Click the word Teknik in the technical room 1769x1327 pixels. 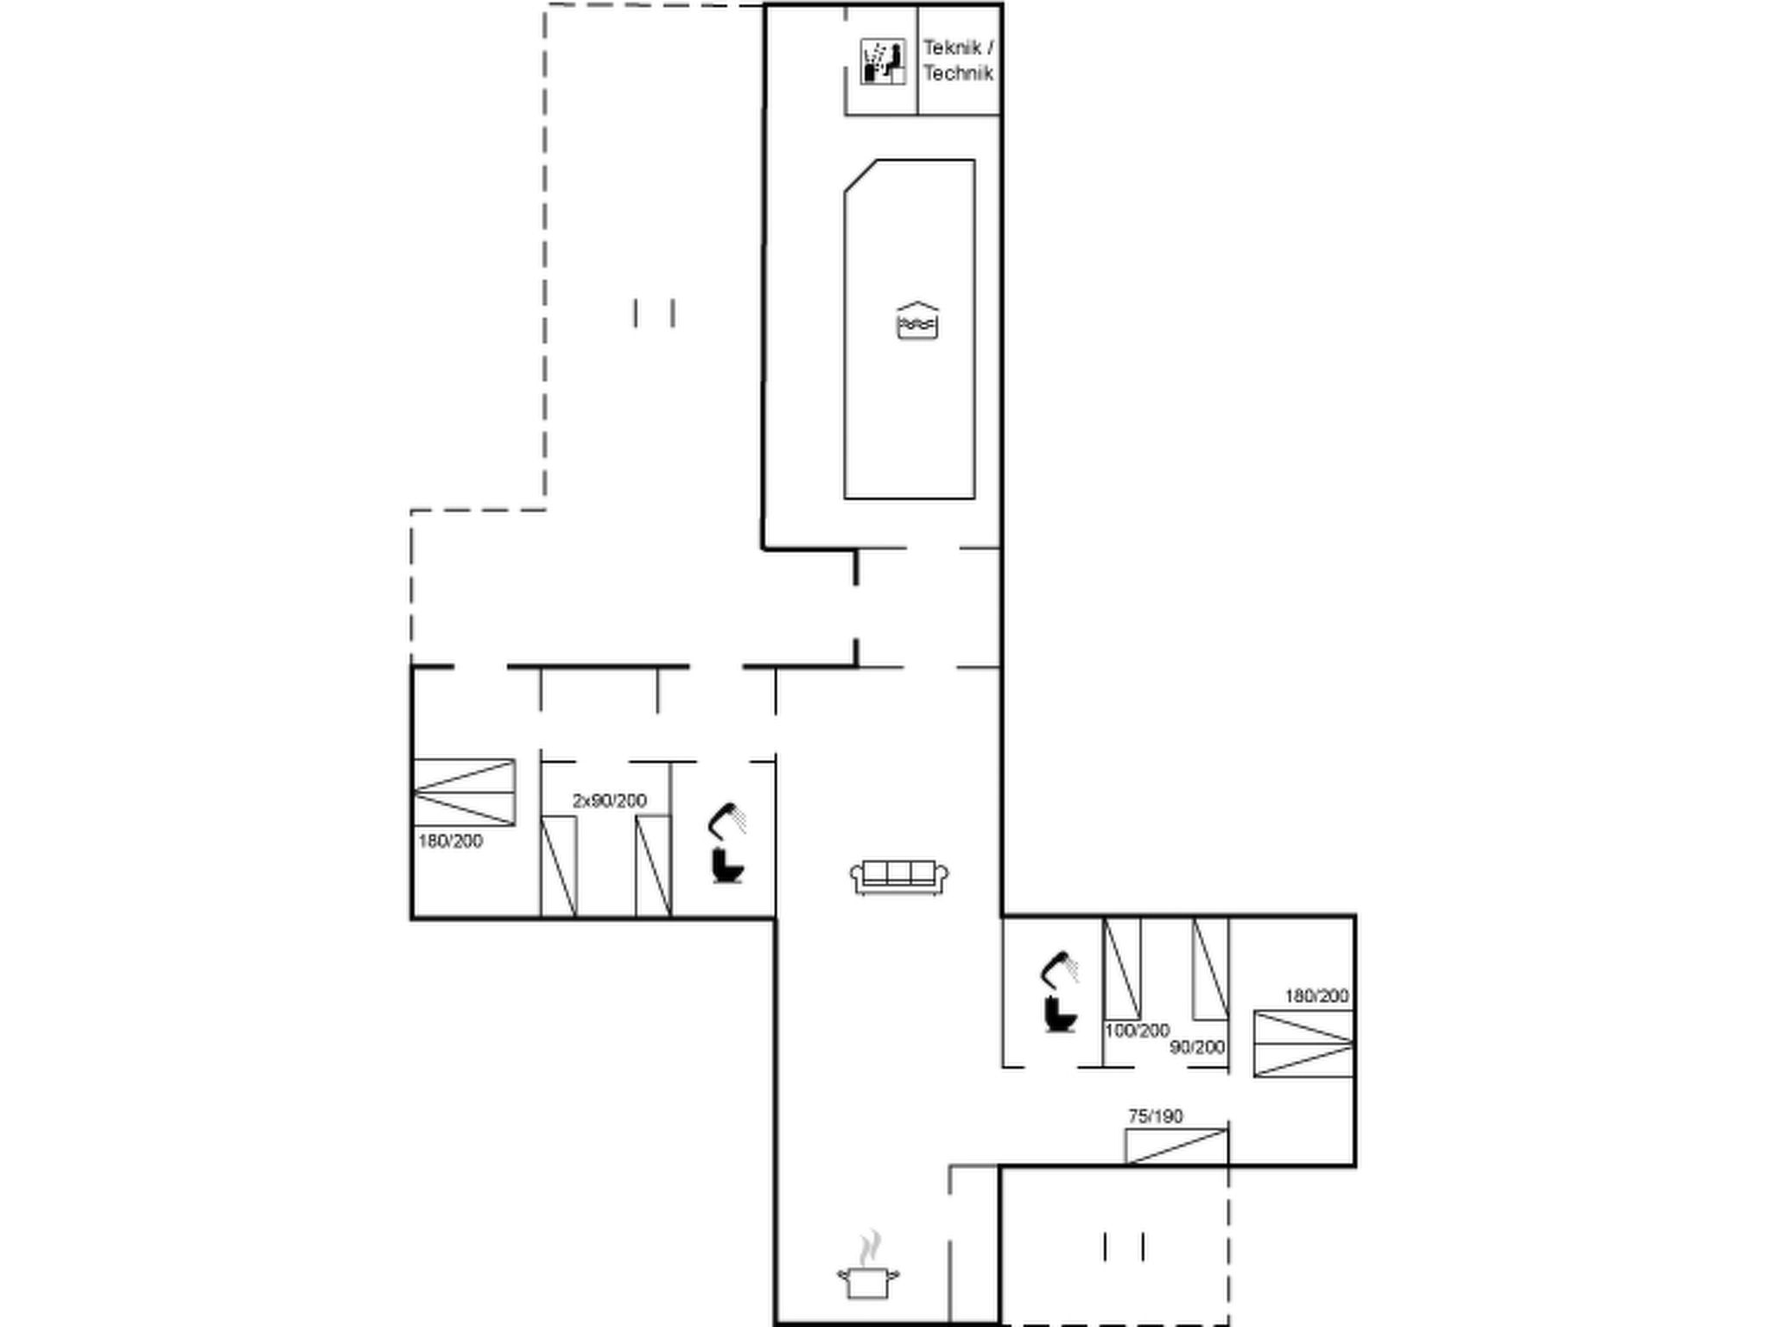click(951, 48)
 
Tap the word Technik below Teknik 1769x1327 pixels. click(958, 73)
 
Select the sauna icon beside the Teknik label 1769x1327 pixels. click(883, 62)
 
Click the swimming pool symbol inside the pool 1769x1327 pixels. click(917, 321)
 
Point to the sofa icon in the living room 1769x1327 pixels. click(899, 878)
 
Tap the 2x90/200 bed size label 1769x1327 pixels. click(609, 801)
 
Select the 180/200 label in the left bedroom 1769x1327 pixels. click(450, 841)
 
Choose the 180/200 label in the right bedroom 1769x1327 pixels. click(1316, 996)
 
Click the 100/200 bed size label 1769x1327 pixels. click(1137, 1030)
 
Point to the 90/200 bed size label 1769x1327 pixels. click(1197, 1047)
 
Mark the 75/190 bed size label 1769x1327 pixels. click(1156, 1116)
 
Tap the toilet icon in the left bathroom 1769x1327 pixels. click(727, 867)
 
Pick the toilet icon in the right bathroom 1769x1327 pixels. click(1060, 1014)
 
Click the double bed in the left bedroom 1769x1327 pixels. click(464, 792)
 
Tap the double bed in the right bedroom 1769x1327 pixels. click(1303, 1044)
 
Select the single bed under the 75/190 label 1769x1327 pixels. click(1176, 1146)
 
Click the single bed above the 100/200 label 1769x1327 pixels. click(1122, 968)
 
